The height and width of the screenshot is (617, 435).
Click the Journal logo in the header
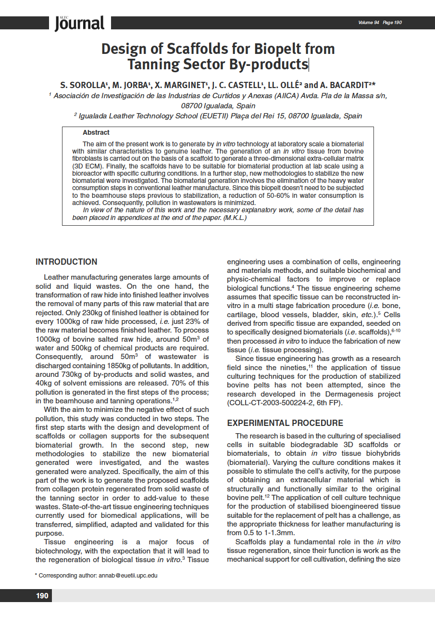79,23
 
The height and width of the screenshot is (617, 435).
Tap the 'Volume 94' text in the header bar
369,23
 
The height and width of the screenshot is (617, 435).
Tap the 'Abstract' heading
96,132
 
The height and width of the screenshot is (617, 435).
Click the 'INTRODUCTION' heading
66,262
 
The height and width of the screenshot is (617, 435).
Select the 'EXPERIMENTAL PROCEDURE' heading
285,423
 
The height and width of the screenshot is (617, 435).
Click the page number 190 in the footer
42,596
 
